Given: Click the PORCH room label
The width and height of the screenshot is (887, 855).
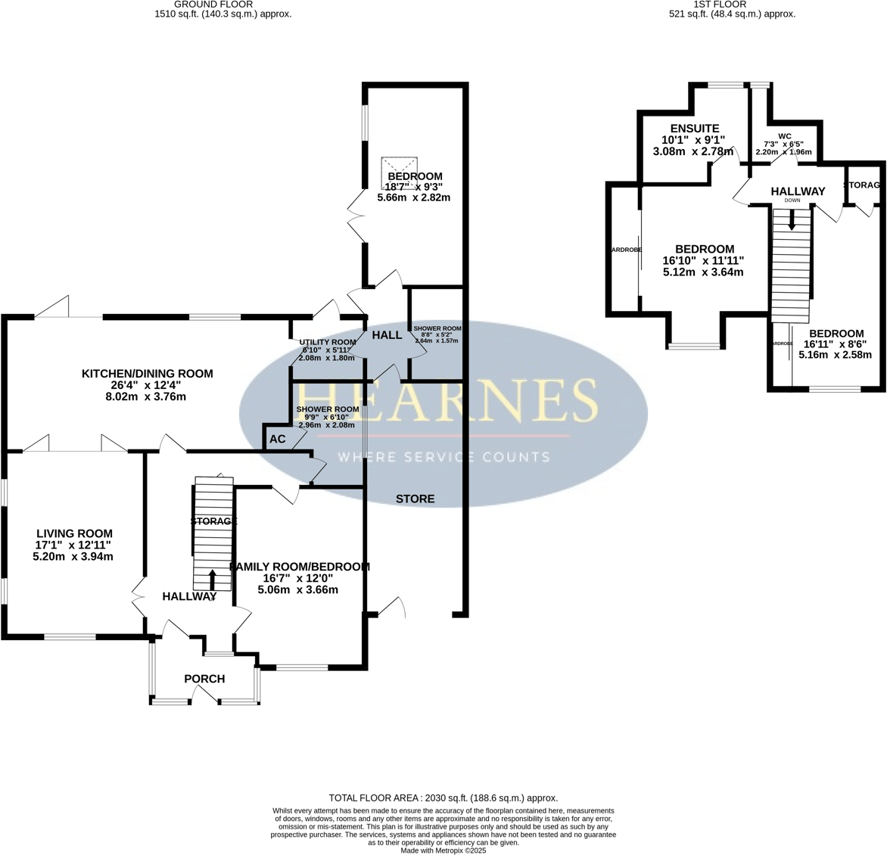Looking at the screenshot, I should [204, 679].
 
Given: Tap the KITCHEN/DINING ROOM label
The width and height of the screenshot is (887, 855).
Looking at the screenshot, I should [148, 373].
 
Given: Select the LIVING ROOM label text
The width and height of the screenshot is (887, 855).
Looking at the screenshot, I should [73, 533].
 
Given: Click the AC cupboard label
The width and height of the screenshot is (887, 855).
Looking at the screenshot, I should [278, 439].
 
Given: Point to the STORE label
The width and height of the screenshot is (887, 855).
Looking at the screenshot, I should [415, 499].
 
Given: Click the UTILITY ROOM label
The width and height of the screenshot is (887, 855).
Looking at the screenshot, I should [327, 342].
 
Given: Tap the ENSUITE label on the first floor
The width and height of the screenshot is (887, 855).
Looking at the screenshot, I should [689, 129].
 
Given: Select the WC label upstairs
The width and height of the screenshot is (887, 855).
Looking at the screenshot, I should [784, 136].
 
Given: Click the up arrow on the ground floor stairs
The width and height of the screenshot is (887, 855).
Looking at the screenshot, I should [212, 579].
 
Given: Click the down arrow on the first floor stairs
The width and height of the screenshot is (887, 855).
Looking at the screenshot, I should [792, 221].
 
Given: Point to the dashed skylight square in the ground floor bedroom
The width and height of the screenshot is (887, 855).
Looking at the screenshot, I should [400, 173].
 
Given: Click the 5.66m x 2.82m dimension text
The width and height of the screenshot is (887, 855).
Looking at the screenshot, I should [414, 197].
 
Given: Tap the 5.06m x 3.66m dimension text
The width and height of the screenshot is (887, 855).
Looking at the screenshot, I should [297, 589].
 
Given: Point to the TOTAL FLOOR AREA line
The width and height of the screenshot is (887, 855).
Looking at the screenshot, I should [443, 797].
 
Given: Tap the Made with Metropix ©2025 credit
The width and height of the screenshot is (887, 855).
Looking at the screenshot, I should [443, 850].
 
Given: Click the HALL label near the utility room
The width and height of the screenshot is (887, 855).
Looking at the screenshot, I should [387, 334].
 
